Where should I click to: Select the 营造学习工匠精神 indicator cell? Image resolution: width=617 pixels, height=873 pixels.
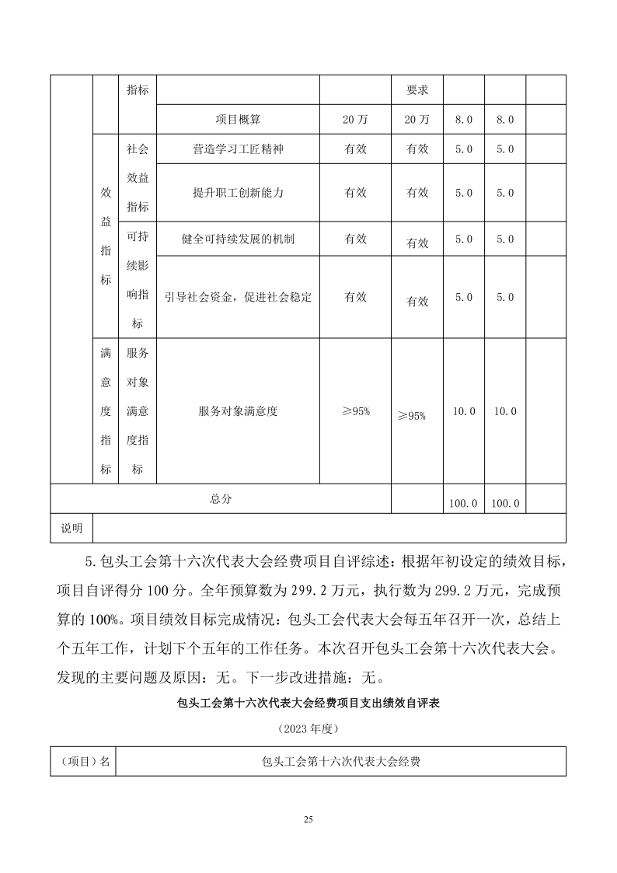coord(238,149)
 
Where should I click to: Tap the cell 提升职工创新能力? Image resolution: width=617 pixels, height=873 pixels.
coord(238,193)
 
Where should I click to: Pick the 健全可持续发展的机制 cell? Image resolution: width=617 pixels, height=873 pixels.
coord(238,239)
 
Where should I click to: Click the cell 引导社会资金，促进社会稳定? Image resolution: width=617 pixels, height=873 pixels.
coord(238,297)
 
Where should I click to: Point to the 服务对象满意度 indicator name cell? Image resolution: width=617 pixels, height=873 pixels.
coord(238,411)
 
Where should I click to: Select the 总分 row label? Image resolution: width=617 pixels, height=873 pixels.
coord(221,499)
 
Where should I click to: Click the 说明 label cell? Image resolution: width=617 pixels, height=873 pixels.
coord(71,528)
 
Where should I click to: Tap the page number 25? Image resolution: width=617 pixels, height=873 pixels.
coord(308,820)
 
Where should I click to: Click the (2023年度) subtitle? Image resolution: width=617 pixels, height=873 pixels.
coord(308,730)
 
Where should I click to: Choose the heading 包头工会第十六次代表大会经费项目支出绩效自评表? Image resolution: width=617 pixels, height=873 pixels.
coord(308,705)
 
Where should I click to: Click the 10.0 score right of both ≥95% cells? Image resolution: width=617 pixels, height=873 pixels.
coord(464,411)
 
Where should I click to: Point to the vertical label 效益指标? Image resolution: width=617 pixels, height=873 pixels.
coord(106,236)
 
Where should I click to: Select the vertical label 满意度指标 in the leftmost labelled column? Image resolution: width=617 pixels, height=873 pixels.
coord(106,411)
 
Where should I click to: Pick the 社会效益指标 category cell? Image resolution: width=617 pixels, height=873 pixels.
coord(138,177)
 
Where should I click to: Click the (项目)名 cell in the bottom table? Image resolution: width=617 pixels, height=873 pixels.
coord(83,762)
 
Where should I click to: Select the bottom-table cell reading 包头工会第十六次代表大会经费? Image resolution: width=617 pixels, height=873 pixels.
coord(341,762)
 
